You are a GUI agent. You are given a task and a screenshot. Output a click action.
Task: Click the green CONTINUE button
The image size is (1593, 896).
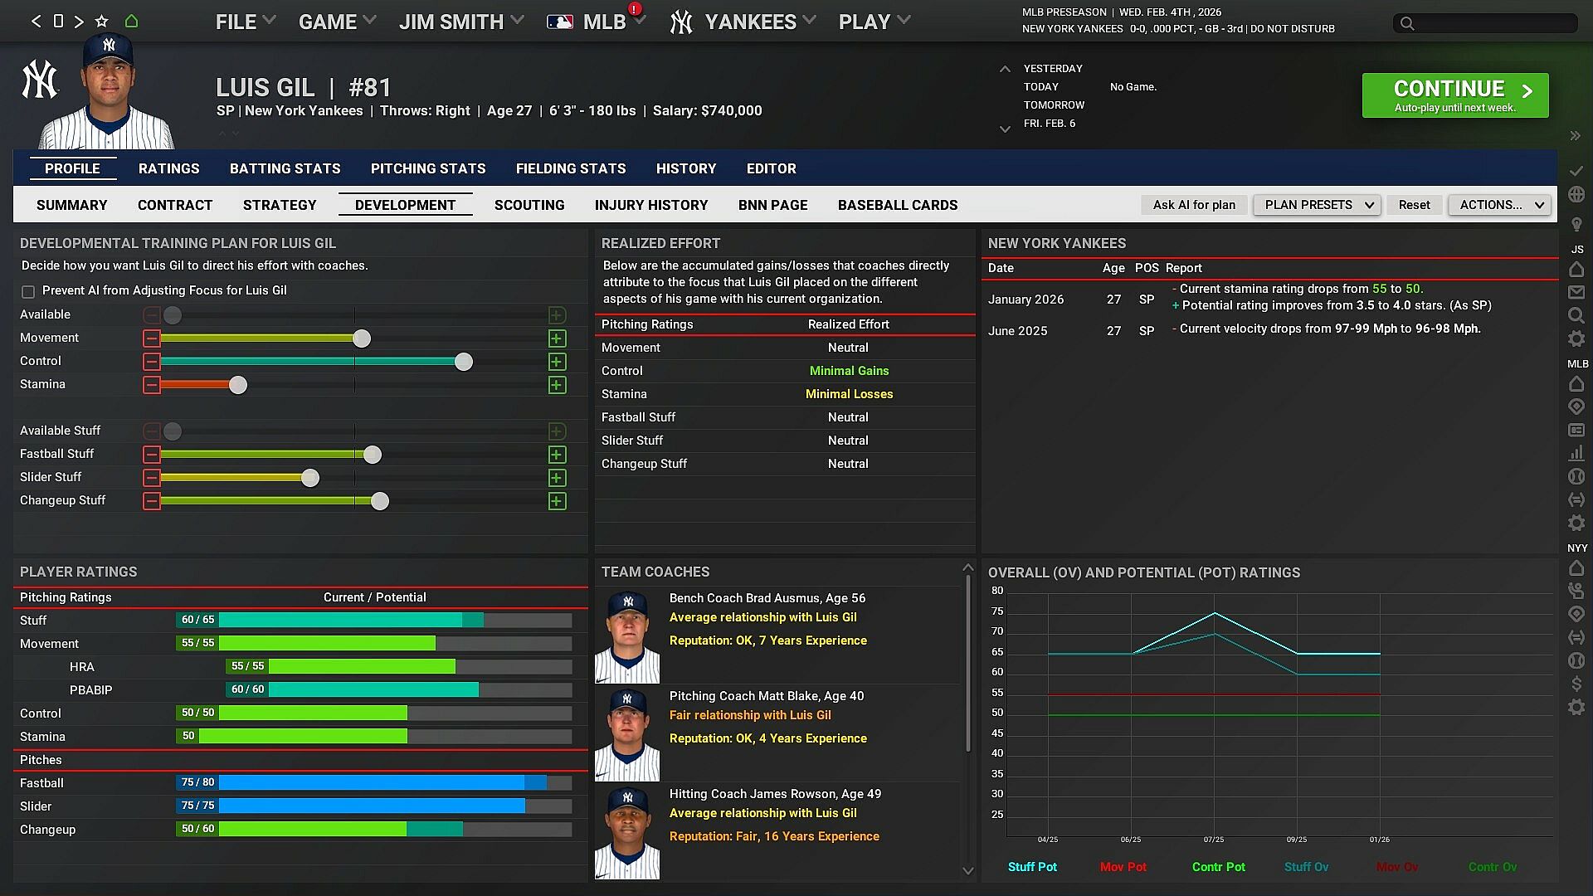coord(1454,95)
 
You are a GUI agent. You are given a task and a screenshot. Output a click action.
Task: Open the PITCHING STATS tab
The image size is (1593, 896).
coord(428,168)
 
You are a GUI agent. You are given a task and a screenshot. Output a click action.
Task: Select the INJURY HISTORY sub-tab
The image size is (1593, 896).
coord(651,205)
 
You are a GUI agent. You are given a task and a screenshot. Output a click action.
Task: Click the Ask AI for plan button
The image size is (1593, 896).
coord(1193,205)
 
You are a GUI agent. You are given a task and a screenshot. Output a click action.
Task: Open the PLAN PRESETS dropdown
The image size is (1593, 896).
coord(1317,205)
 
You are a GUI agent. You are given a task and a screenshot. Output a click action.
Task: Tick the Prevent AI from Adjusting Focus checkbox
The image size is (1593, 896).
coord(28,291)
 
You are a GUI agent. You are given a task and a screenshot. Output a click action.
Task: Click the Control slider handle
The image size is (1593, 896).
coord(464,362)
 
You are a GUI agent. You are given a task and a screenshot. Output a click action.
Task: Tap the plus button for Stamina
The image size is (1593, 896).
coord(557,385)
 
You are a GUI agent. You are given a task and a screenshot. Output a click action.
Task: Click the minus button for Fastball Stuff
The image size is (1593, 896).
coord(151,455)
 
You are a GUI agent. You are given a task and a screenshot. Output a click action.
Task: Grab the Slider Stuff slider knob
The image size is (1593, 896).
coord(309,478)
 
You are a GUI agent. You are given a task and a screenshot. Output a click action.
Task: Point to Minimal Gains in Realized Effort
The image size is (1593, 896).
coord(849,371)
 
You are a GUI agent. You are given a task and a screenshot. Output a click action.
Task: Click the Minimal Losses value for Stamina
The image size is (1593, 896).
coord(849,394)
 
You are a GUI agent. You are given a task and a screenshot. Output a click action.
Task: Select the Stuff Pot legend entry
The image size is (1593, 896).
coord(1032,867)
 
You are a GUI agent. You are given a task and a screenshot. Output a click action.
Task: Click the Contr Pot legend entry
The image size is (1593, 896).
coord(1218,867)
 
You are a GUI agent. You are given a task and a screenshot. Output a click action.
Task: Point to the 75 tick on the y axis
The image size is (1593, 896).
coord(997,611)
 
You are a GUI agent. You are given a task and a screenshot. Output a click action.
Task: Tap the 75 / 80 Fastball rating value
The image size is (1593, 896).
coord(197,782)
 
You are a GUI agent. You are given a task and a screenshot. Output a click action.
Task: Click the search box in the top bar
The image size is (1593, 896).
coord(1485,23)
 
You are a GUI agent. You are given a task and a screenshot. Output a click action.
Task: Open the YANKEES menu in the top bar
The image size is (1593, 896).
coord(750,22)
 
